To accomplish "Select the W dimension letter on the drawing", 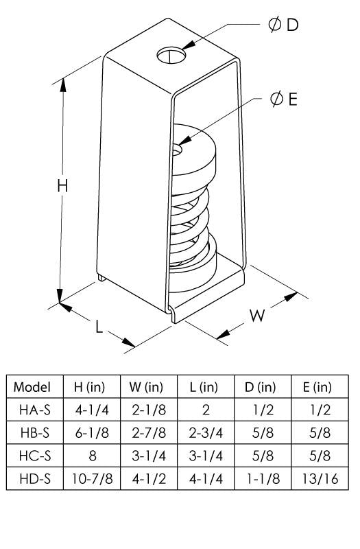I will click(256, 316).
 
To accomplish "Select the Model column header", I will click(32, 386).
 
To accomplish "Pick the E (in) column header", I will click(317, 386).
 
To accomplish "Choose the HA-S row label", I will click(32, 410).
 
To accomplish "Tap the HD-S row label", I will click(32, 478).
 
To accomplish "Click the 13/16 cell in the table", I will click(317, 478).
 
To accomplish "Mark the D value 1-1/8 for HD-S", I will click(261, 478).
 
